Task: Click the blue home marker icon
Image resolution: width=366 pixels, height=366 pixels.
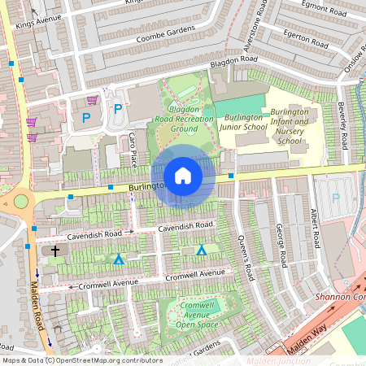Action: (x=183, y=176)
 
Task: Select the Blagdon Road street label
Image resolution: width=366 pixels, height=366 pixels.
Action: (x=233, y=60)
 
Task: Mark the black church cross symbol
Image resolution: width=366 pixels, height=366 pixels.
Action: (x=56, y=251)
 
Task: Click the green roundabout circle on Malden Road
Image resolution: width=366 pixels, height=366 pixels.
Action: (x=20, y=201)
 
